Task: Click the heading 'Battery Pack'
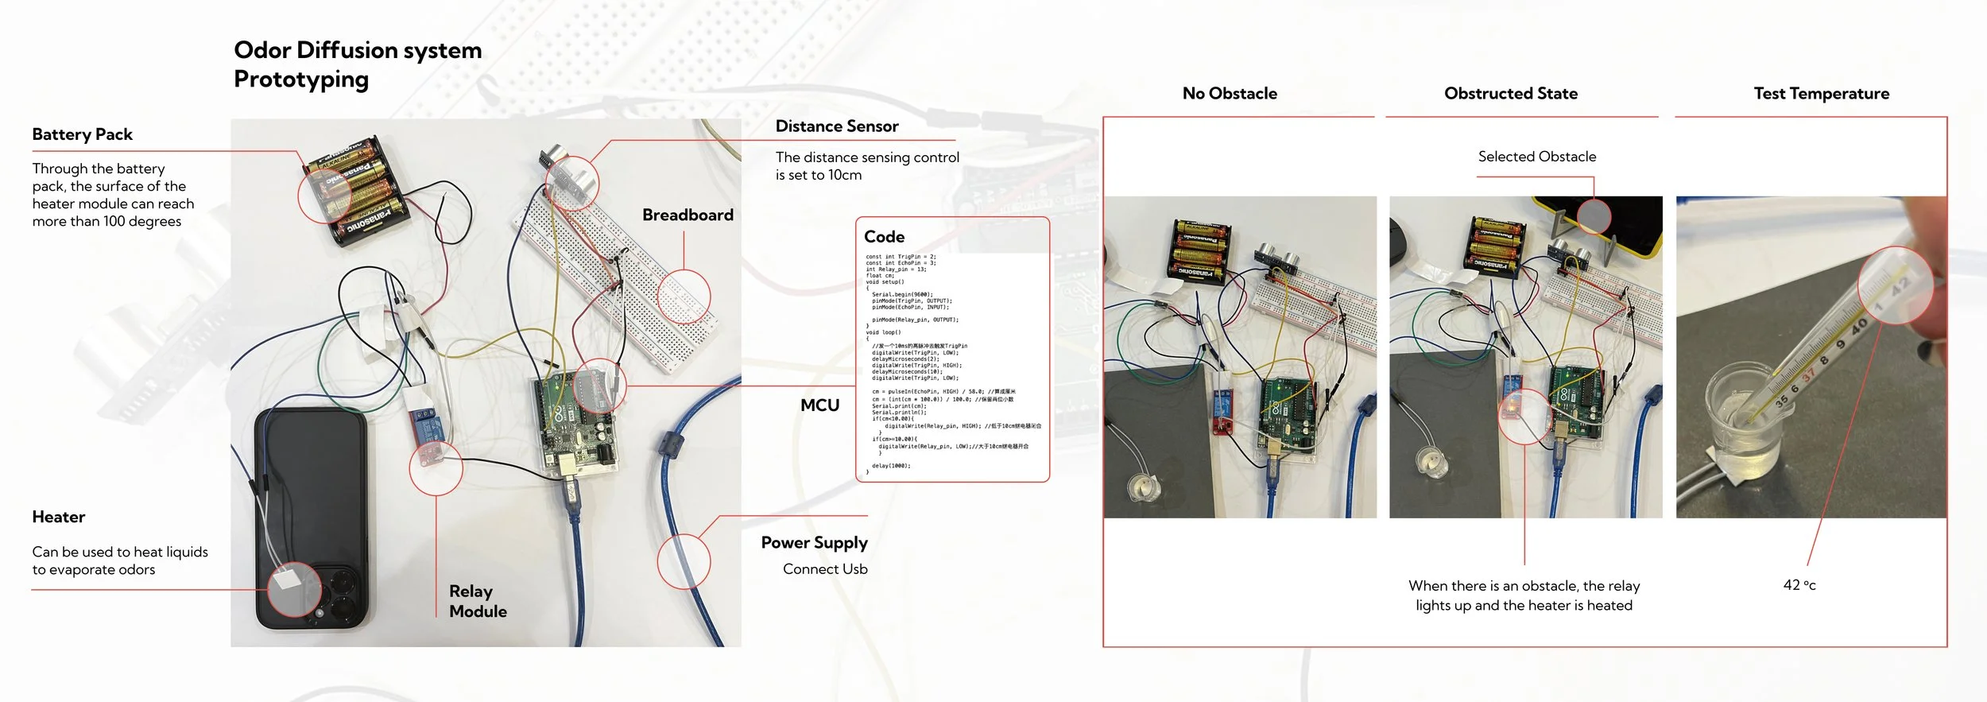tap(82, 134)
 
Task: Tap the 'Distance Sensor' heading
tap(836, 126)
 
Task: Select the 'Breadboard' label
tap(688, 215)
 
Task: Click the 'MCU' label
tap(819, 405)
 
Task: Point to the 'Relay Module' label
tap(478, 601)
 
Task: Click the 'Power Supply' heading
tap(814, 543)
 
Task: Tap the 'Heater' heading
tap(58, 518)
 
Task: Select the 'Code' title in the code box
tap(884, 237)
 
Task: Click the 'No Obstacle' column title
tap(1230, 94)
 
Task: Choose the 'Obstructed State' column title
tap(1510, 94)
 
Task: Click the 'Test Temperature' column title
tap(1821, 94)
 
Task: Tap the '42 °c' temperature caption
tap(1799, 585)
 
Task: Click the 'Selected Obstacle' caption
tap(1536, 157)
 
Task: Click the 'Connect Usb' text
tap(825, 569)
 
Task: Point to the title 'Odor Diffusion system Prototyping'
tap(358, 64)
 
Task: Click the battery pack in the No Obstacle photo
tap(1200, 250)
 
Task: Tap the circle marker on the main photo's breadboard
tap(684, 297)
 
